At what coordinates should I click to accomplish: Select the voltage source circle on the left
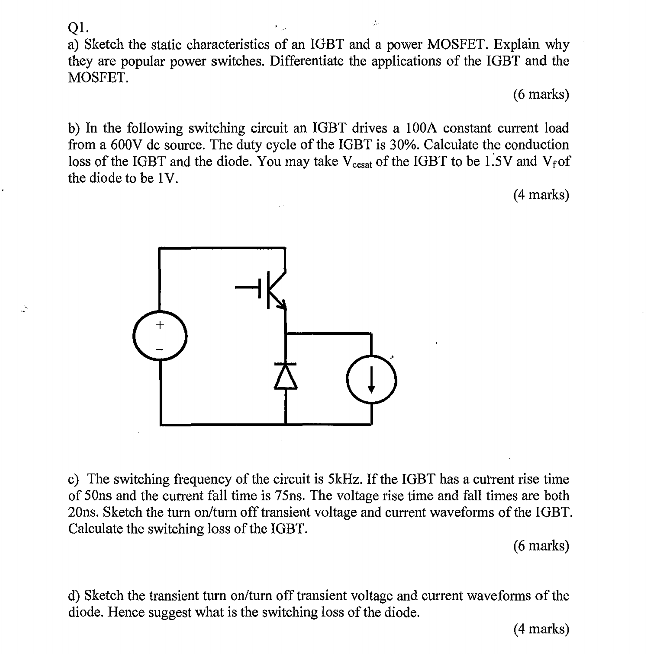pyautogui.click(x=160, y=336)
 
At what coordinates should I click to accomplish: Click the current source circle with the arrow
pyautogui.click(x=371, y=380)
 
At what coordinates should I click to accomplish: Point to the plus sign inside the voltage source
pyautogui.click(x=160, y=325)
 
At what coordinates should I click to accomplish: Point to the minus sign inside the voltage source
pyautogui.click(x=160, y=348)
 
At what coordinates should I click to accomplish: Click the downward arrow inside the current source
pyautogui.click(x=371, y=381)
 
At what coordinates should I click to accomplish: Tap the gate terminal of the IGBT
pyautogui.click(x=246, y=288)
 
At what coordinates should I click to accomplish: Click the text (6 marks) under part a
pyautogui.click(x=540, y=94)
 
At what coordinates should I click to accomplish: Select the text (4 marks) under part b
pyautogui.click(x=540, y=194)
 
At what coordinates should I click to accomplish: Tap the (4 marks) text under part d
pyautogui.click(x=540, y=628)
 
